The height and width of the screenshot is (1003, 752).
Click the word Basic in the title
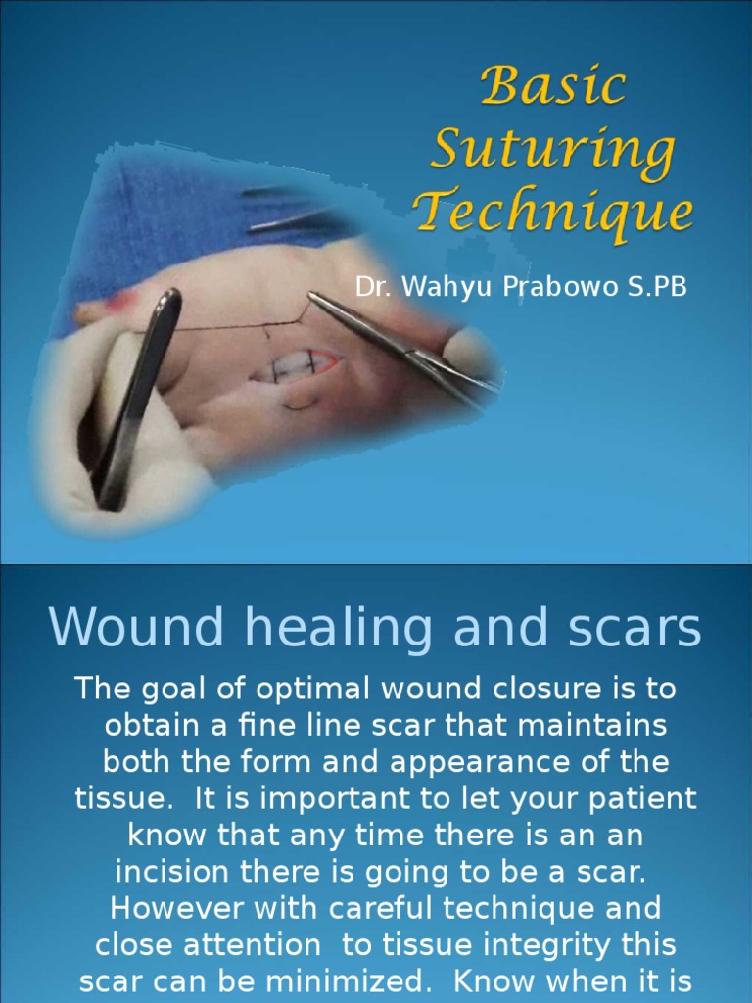[x=553, y=87]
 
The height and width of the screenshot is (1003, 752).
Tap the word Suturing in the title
[x=553, y=149]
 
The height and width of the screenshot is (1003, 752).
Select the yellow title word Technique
[x=553, y=212]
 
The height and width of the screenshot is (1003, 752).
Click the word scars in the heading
[x=630, y=629]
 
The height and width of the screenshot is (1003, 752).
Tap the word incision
[x=174, y=872]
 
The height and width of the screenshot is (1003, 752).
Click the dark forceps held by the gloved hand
[x=137, y=392]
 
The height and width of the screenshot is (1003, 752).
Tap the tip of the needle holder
[x=313, y=296]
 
